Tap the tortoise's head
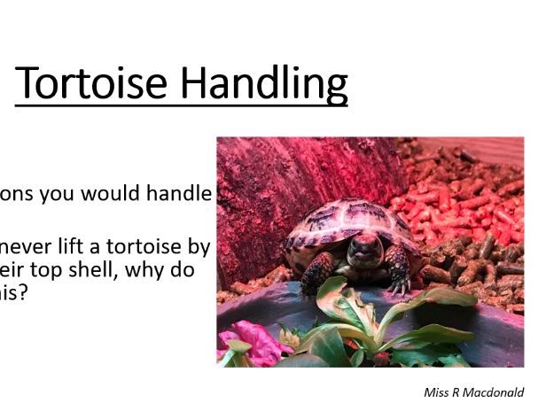(360, 248)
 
